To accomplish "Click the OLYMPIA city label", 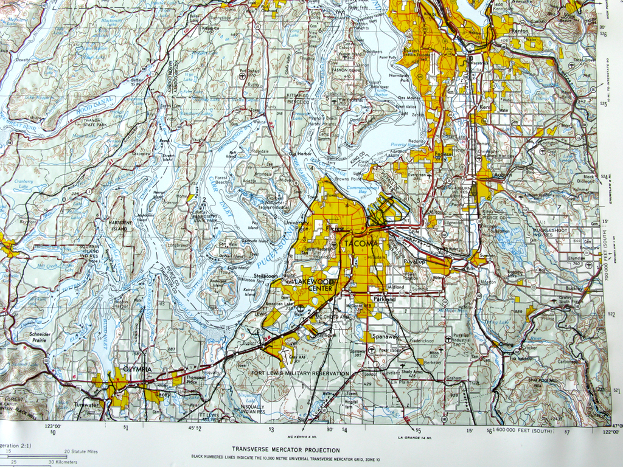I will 137,369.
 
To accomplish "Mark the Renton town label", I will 520,30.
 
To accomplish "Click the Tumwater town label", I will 86,404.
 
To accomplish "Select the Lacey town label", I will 162,394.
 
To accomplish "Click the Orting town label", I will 506,344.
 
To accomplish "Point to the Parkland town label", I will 384,299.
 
